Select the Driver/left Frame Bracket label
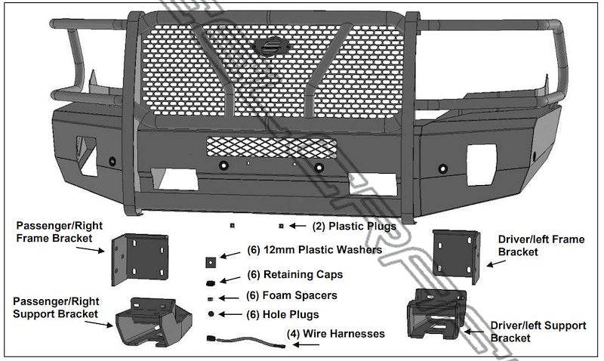541,245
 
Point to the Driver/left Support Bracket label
538,332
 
